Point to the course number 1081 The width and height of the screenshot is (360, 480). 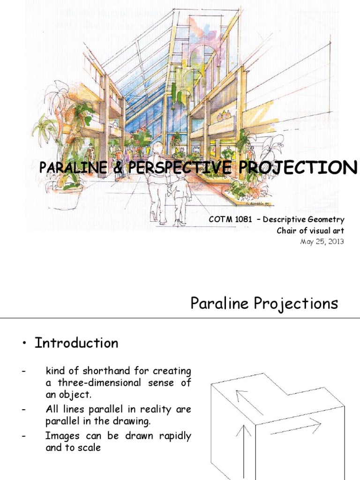coord(239,219)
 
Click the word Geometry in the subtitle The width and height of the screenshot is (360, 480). coord(328,219)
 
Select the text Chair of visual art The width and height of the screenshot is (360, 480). coord(311,231)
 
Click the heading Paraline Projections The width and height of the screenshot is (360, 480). coord(264,304)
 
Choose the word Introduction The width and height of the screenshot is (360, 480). coord(76,343)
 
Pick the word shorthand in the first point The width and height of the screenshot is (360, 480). coord(104,371)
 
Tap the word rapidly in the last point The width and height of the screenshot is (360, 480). coord(170,436)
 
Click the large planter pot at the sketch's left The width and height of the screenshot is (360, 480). coord(65,195)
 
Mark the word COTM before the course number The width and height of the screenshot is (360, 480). coord(217,219)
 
